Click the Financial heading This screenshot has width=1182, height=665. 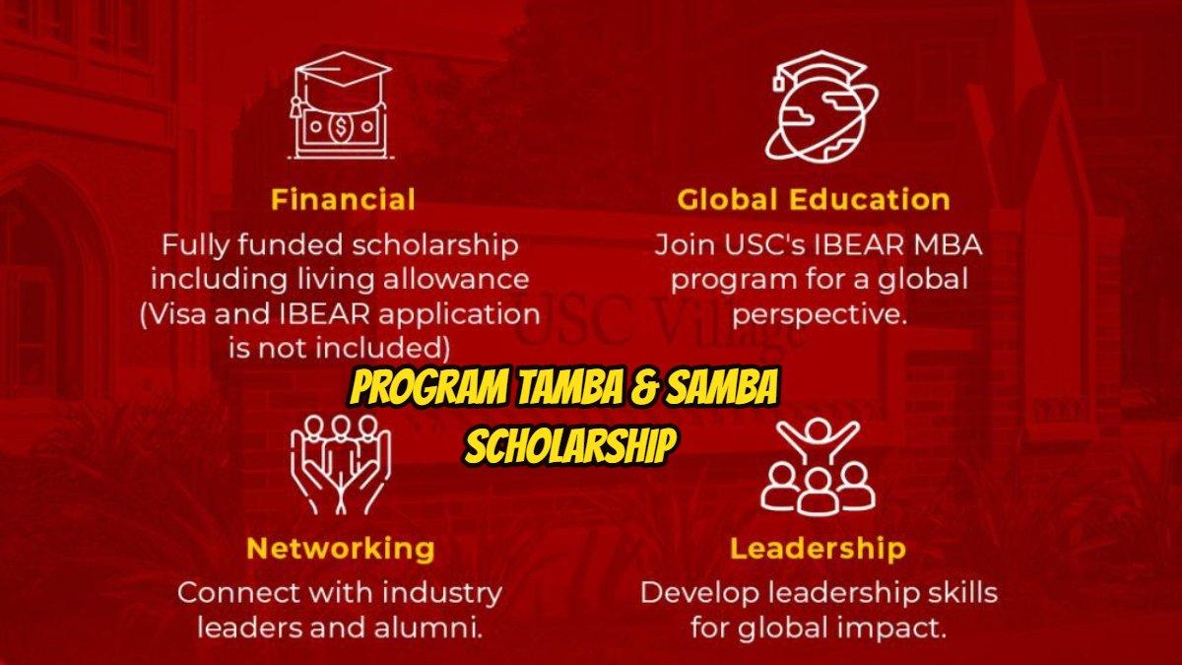click(x=343, y=200)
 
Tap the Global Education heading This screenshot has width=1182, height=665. click(x=813, y=200)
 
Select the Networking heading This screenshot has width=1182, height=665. click(x=340, y=548)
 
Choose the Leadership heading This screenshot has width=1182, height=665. click(x=818, y=548)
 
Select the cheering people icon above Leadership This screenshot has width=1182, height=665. click(x=818, y=463)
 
